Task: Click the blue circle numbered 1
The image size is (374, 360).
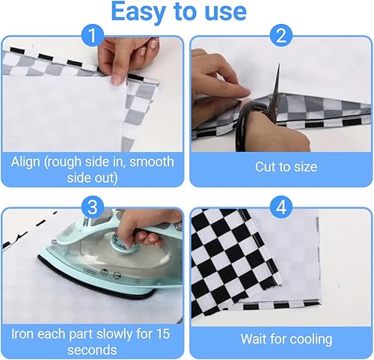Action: click(x=93, y=35)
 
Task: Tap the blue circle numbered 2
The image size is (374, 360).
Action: click(x=281, y=35)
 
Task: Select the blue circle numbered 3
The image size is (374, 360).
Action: click(x=93, y=207)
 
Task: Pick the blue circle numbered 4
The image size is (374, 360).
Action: click(x=281, y=207)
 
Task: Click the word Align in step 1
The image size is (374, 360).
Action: click(x=25, y=162)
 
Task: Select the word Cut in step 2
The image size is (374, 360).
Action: click(x=266, y=167)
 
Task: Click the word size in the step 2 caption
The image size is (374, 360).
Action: click(x=306, y=167)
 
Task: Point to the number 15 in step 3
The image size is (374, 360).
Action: click(x=163, y=334)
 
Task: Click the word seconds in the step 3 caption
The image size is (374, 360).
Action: click(x=92, y=350)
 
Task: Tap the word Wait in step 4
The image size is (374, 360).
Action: click(x=254, y=339)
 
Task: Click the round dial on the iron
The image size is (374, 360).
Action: click(x=124, y=242)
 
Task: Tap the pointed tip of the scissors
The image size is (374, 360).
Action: click(x=279, y=64)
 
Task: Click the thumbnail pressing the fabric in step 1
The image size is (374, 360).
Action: click(x=116, y=80)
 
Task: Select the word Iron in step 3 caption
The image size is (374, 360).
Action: click(x=22, y=334)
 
